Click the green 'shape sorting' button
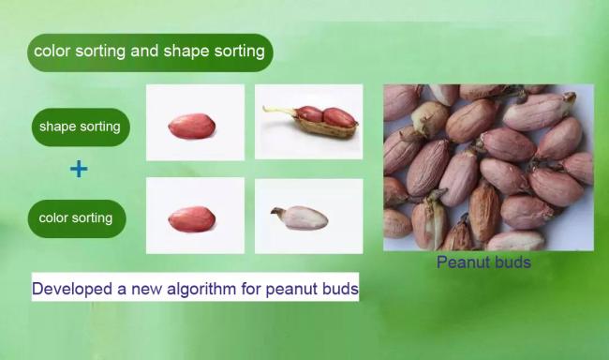pyautogui.click(x=80, y=127)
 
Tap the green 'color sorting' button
pyautogui.click(x=76, y=218)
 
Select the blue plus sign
pyautogui.click(x=80, y=170)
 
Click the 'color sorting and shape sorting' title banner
pyautogui.click(x=150, y=52)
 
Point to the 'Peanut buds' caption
pyautogui.click(x=483, y=262)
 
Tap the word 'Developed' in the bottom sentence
pyautogui.click(x=67, y=289)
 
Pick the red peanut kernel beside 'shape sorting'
pyautogui.click(x=193, y=125)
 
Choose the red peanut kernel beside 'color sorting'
pyautogui.click(x=192, y=219)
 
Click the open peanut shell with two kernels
pyautogui.click(x=323, y=120)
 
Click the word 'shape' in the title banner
pyautogui.click(x=186, y=52)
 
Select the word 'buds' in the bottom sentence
pyautogui.click(x=337, y=289)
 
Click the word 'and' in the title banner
pyautogui.click(x=144, y=52)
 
